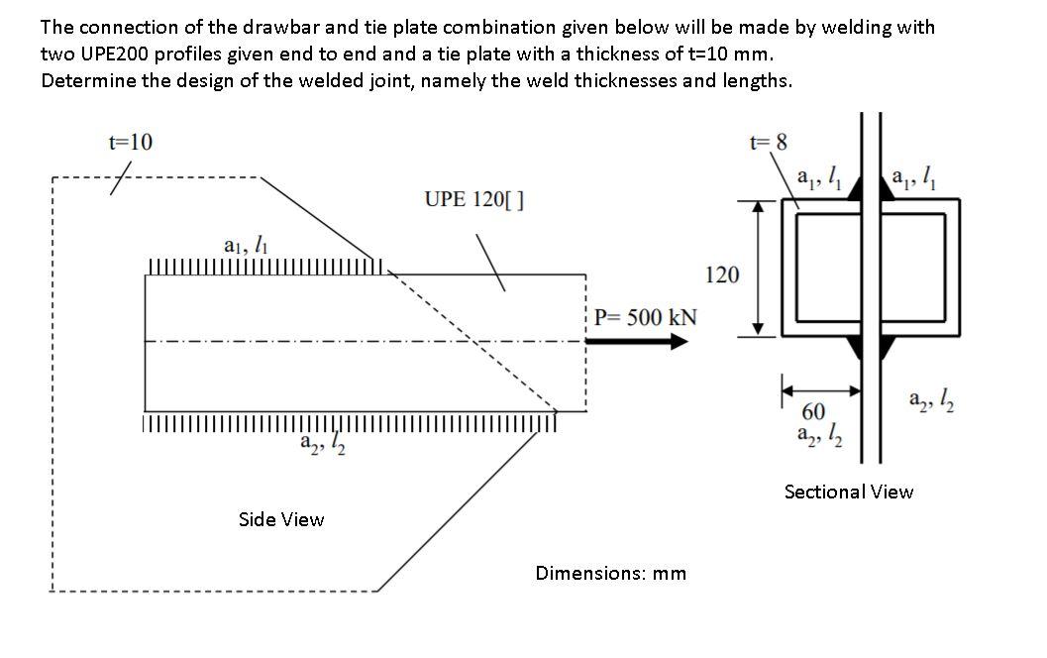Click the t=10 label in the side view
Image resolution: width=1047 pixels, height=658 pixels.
click(130, 141)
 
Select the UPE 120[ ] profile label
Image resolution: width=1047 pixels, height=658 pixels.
click(473, 198)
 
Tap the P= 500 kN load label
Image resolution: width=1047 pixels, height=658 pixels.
click(645, 317)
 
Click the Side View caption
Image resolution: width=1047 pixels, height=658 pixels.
click(281, 519)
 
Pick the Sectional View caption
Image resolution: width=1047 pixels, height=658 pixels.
click(849, 492)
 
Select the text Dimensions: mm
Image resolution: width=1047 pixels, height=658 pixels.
click(610, 573)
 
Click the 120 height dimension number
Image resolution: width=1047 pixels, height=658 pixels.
click(721, 274)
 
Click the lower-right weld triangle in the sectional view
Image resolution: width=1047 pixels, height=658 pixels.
click(885, 348)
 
